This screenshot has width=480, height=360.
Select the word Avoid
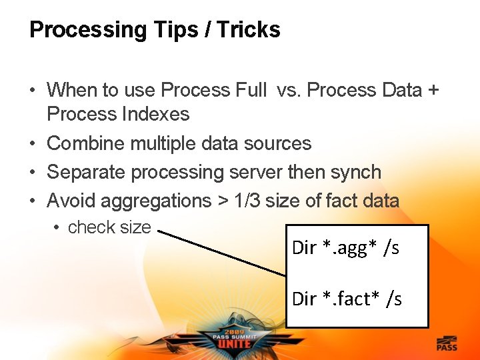[x=73, y=201]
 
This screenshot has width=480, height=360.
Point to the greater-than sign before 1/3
[x=223, y=201]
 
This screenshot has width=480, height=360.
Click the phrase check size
[x=109, y=227]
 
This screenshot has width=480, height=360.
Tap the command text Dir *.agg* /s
[x=345, y=248]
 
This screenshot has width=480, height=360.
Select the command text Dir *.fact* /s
[x=347, y=299]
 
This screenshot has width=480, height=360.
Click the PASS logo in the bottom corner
[x=447, y=343]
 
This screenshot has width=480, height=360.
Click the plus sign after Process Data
[x=433, y=90]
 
